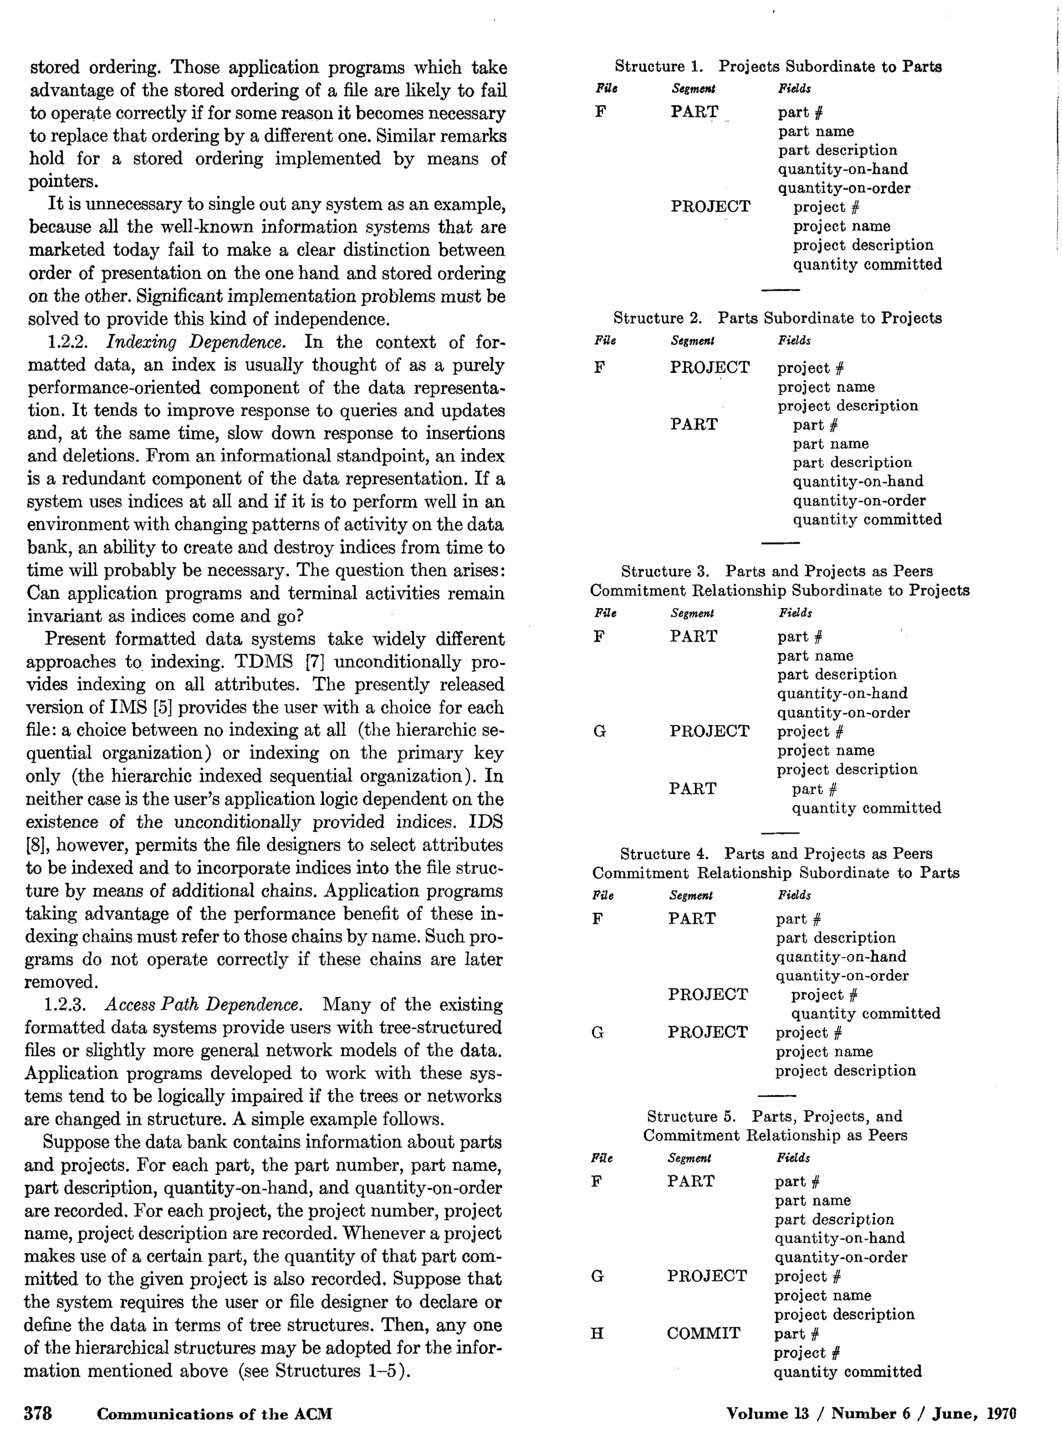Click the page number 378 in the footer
[38, 1414]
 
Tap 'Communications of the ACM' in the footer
[215, 1414]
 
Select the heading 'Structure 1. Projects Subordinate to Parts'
[778, 66]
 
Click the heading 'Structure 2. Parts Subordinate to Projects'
[777, 317]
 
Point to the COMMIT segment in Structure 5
[703, 1334]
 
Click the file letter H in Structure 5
[597, 1334]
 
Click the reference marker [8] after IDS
[34, 845]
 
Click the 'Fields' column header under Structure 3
[795, 613]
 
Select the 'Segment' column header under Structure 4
[691, 895]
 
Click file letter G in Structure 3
[599, 731]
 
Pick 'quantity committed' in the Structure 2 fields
[867, 520]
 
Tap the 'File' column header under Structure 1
[606, 89]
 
